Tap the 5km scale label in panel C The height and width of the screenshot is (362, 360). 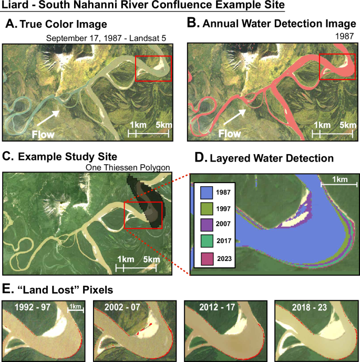(151, 259)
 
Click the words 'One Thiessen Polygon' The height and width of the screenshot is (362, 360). (128, 168)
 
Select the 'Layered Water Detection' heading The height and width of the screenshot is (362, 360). (278, 157)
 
